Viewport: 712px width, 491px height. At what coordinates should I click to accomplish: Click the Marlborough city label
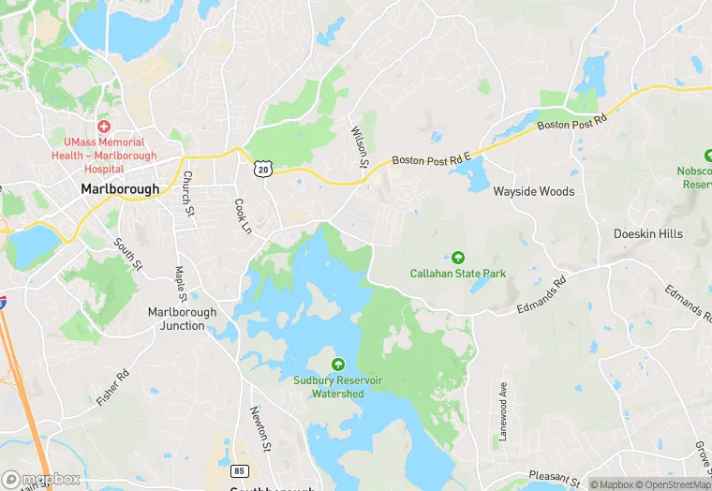point(119,188)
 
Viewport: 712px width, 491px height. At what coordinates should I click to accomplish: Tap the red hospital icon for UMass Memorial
point(103,126)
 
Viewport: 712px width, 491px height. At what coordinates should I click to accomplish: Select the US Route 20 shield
point(261,168)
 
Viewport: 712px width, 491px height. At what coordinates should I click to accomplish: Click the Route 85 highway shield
point(239,468)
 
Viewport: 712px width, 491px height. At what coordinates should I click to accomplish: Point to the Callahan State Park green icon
point(458,257)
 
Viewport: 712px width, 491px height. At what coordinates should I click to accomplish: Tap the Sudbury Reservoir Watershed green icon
point(338,364)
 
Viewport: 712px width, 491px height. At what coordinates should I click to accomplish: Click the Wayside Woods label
point(533,191)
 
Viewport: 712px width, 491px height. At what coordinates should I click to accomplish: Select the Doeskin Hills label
point(647,233)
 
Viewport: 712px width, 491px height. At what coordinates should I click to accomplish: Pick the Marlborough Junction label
point(182,319)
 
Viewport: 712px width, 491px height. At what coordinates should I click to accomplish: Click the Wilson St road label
point(359,147)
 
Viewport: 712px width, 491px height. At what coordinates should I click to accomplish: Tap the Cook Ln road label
point(243,216)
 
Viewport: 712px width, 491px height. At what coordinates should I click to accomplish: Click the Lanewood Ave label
point(502,412)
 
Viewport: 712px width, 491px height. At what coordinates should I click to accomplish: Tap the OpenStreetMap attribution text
point(675,484)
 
